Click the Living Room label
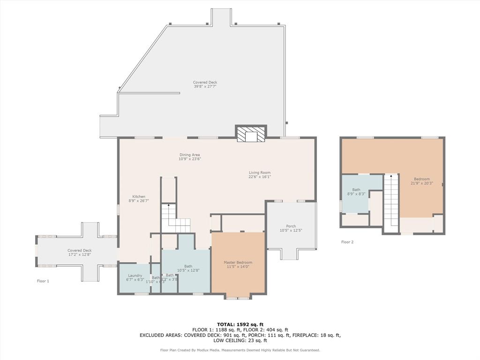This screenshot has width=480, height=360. tap(260, 172)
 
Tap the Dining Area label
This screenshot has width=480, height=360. tap(189, 155)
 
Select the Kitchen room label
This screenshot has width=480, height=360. tap(138, 196)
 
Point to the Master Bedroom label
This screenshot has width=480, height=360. tap(238, 262)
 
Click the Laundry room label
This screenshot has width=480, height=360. tap(135, 276)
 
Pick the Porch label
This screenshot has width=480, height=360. tap(291, 226)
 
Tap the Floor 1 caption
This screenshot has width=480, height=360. tap(43, 281)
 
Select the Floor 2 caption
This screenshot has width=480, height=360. tap(347, 242)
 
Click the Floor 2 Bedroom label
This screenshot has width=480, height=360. tap(421, 179)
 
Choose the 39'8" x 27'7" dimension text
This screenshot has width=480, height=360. tap(205, 86)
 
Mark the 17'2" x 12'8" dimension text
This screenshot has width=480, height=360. tap(79, 255)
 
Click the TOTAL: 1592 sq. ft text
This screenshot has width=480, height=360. tap(240, 324)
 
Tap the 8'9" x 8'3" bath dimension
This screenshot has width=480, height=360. tap(356, 194)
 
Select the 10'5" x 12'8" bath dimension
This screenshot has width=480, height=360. tap(188, 270)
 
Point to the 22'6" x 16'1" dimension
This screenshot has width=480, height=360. tap(260, 177)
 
